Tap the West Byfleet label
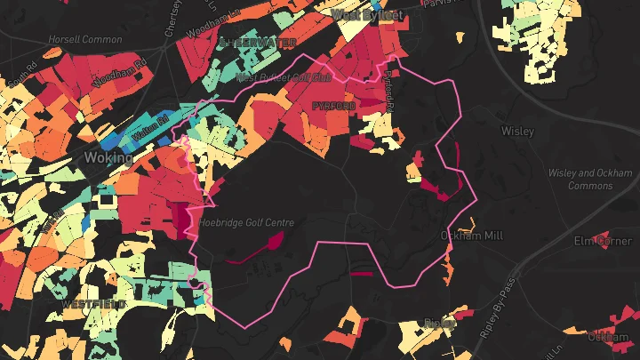[367, 15]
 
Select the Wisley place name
[517, 131]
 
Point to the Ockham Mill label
[472, 236]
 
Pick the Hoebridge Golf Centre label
[246, 222]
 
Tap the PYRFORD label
[333, 106]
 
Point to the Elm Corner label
[603, 241]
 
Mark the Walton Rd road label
[151, 120]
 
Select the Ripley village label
[438, 322]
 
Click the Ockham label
[609, 337]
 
